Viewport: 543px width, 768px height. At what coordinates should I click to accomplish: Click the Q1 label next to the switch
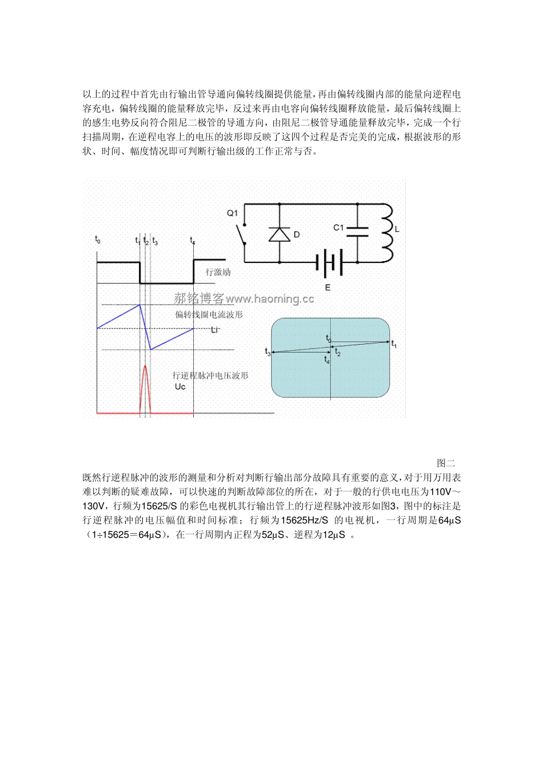232,213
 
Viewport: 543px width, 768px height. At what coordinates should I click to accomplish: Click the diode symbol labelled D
280,234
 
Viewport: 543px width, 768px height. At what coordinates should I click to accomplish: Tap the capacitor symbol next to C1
357,230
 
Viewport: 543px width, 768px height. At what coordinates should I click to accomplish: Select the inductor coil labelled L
387,231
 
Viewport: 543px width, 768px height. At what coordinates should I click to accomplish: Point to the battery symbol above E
329,262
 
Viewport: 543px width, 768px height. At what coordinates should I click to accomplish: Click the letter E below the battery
328,287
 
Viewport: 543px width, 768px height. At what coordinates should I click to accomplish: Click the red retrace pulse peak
145,366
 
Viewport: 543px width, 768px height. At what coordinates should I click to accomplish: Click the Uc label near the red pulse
180,387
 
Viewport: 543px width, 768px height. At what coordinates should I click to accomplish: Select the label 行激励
218,273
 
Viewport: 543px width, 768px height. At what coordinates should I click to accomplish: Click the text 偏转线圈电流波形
209,315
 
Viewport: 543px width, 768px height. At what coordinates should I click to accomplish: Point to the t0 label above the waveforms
98,239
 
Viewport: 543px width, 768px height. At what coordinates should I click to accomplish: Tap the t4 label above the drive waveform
193,241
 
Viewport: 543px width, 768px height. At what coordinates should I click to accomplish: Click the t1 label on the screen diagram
394,343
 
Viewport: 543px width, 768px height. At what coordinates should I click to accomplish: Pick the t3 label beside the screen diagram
267,352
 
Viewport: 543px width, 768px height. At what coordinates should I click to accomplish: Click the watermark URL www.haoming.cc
270,299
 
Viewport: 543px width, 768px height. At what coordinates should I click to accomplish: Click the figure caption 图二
446,463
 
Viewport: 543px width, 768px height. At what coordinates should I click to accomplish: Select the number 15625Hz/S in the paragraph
305,520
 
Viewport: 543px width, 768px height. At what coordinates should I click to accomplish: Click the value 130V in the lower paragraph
94,506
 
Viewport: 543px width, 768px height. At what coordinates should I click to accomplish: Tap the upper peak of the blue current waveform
139,305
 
